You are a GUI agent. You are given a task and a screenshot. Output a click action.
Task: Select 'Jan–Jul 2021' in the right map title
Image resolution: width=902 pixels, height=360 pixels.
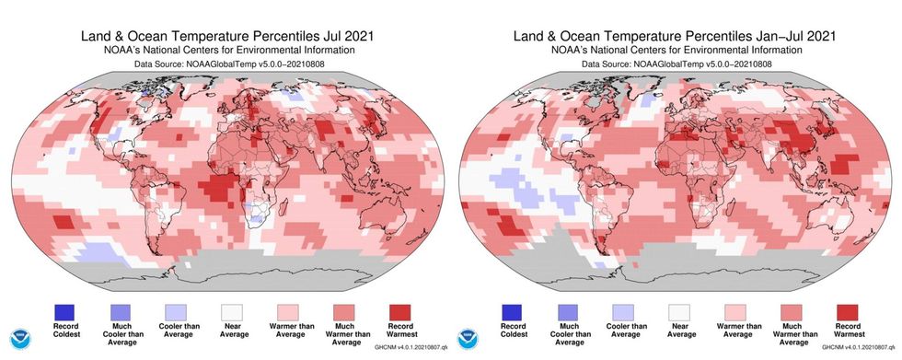click(x=792, y=12)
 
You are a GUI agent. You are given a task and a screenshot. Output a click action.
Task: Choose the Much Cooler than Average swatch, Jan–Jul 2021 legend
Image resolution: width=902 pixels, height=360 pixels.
click(x=571, y=309)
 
